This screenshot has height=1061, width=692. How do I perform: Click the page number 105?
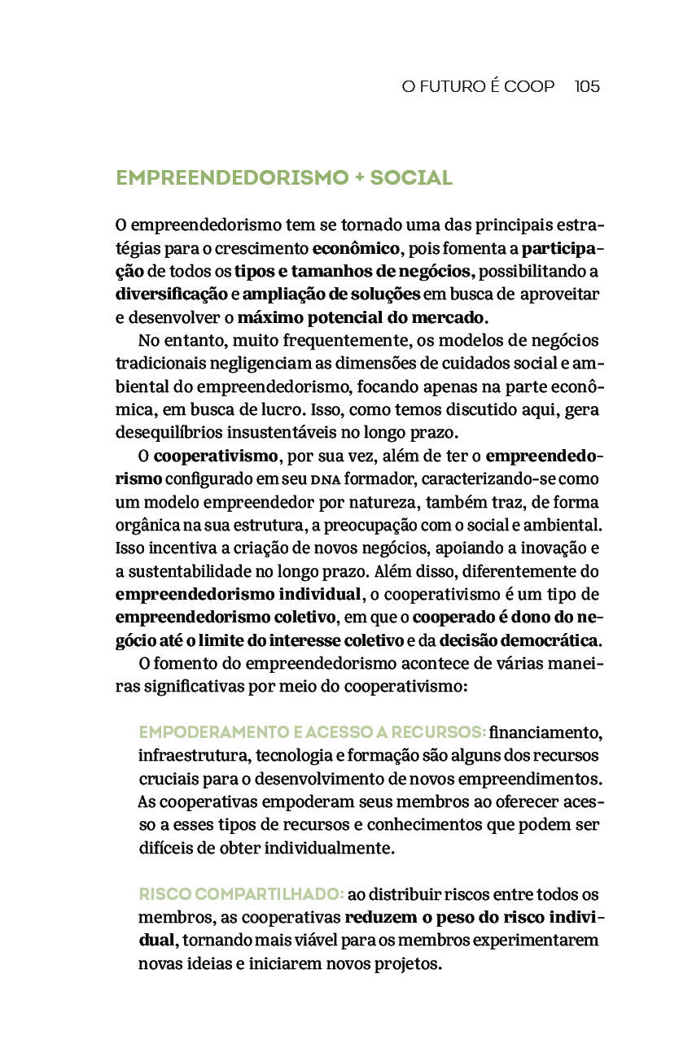tap(587, 86)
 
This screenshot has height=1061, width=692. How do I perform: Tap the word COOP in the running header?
tap(530, 86)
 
